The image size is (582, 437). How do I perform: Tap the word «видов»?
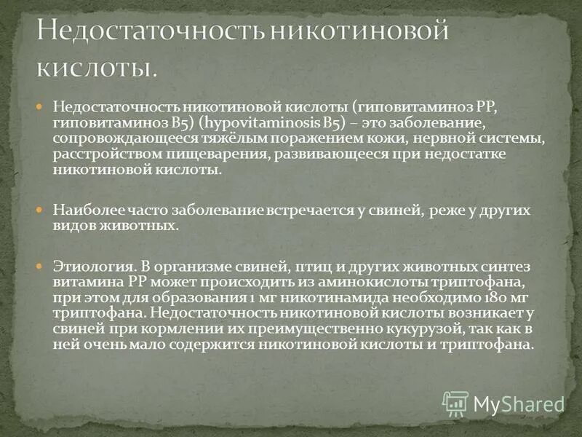click(x=73, y=226)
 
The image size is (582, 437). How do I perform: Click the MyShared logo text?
click(x=519, y=404)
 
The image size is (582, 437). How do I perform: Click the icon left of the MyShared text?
click(x=455, y=403)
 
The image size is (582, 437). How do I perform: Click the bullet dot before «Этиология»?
click(x=41, y=264)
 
